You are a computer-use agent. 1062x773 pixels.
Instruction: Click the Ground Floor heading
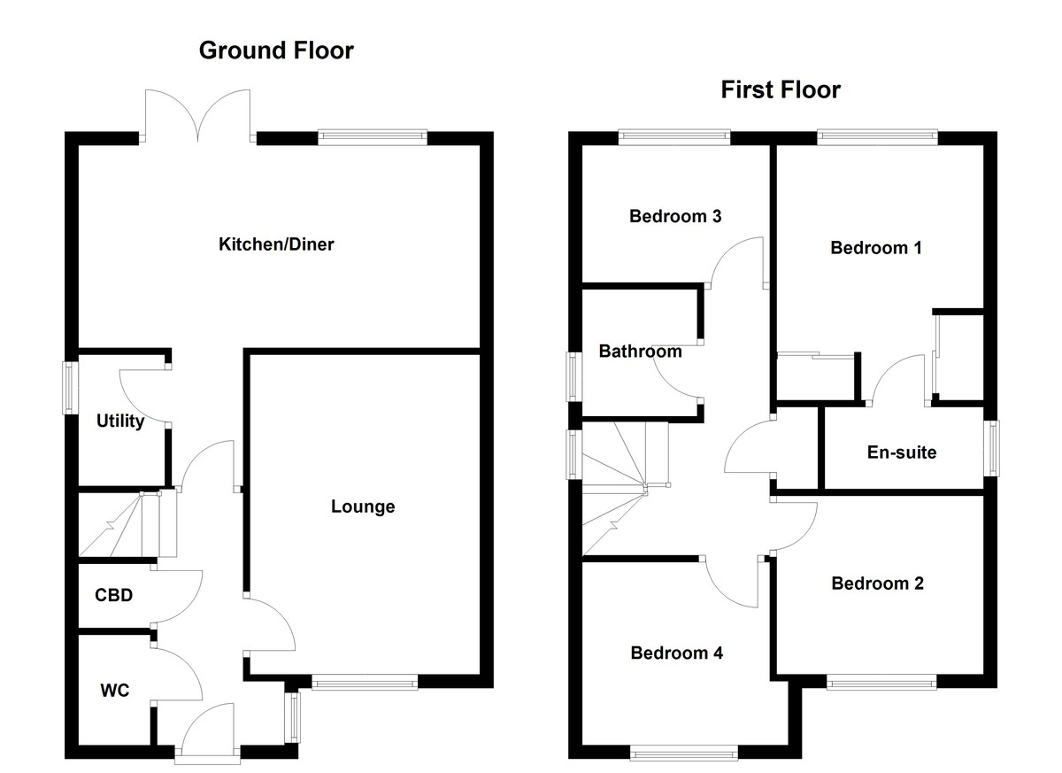click(x=276, y=50)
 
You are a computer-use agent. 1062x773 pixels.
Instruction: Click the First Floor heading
click(x=780, y=89)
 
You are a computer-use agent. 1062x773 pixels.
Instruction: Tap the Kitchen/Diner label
click(x=276, y=243)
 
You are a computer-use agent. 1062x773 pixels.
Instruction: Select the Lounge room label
click(x=363, y=506)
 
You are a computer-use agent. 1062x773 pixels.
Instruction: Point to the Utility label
click(x=119, y=421)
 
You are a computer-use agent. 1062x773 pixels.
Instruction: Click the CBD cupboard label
click(x=113, y=595)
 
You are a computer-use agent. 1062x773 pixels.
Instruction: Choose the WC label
click(x=114, y=690)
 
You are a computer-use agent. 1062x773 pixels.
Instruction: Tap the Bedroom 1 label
click(x=875, y=248)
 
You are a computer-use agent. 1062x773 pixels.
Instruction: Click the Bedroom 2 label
click(x=877, y=584)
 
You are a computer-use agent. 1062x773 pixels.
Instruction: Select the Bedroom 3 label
click(x=675, y=216)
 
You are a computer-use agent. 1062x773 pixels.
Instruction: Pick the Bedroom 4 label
click(x=676, y=653)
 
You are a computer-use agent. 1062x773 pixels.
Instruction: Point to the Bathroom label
click(x=640, y=352)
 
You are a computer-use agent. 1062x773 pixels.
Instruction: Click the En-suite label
click(x=901, y=452)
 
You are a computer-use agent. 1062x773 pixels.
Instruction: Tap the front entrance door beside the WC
click(x=207, y=735)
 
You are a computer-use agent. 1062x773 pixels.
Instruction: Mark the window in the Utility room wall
click(x=67, y=386)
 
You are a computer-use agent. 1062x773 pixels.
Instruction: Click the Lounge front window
click(x=364, y=682)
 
